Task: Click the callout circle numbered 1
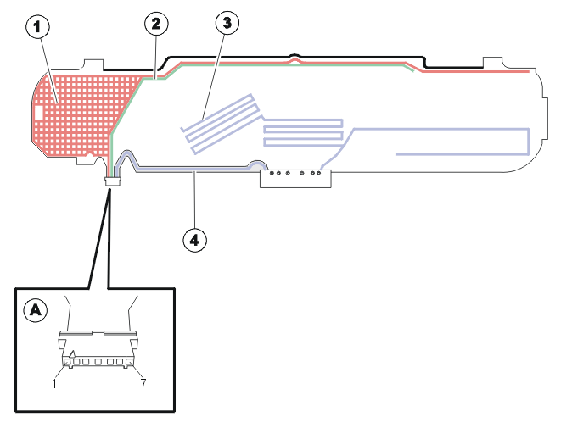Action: pos(37,26)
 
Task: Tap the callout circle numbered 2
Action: pos(156,24)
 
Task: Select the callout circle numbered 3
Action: pos(227,23)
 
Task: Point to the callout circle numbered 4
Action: pos(194,240)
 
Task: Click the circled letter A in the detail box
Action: pos(36,310)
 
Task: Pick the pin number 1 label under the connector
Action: pos(54,384)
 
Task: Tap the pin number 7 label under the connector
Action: pos(143,383)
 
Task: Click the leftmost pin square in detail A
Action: pos(67,362)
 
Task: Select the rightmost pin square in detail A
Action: pos(129,362)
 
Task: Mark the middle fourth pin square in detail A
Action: pos(98,362)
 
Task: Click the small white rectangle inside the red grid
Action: pos(38,113)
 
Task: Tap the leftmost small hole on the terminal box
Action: pos(272,173)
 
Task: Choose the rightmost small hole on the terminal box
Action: pos(318,173)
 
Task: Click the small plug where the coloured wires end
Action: pos(112,181)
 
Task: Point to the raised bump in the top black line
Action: pos(295,56)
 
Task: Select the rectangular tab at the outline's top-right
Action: pos(492,62)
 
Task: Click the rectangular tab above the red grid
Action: pos(93,65)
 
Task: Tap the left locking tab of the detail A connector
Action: pos(62,342)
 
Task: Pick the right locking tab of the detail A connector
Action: pos(134,342)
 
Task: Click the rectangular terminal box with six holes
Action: pos(295,179)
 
